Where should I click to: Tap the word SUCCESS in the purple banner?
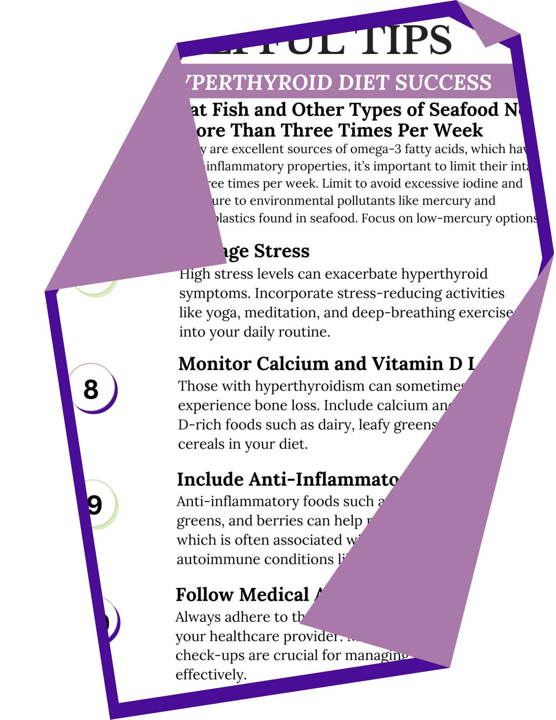443,82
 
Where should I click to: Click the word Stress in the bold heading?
281,251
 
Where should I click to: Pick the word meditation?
281,312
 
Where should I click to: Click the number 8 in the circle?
91,389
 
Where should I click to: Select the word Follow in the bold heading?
204,594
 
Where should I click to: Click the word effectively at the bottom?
211,674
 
